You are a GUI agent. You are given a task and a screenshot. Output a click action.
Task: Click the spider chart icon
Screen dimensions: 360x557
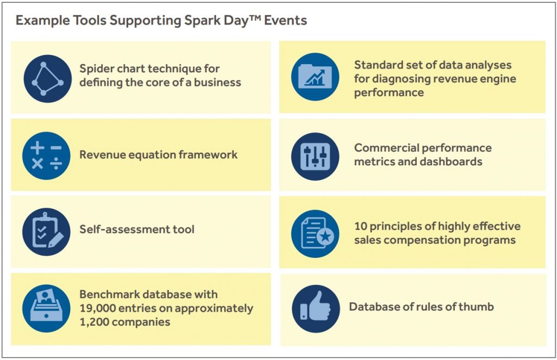(47, 78)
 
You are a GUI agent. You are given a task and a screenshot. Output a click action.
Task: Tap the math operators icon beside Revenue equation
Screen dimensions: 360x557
(46, 156)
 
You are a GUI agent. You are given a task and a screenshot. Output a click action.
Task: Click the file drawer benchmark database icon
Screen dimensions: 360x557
(46, 308)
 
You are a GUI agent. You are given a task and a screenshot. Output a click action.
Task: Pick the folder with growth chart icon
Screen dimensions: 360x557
(315, 77)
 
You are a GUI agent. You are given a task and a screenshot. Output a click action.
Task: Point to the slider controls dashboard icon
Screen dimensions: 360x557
(315, 156)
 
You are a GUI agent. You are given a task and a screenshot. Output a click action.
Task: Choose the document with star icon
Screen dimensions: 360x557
(315, 233)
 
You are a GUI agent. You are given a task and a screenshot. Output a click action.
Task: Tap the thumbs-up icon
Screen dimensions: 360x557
(315, 308)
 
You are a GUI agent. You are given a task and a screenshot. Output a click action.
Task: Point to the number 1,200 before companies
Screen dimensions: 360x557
(96, 322)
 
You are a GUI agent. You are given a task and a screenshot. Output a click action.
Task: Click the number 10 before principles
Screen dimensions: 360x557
(361, 226)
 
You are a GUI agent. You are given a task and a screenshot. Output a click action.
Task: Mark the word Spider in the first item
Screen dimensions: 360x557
(95, 69)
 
